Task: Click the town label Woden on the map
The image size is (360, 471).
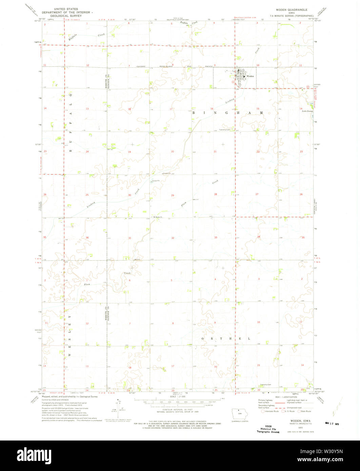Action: (x=250, y=76)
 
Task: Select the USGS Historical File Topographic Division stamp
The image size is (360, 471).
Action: (x=268, y=429)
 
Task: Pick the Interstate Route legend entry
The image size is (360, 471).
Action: (x=271, y=411)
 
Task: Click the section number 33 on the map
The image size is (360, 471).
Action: (x=216, y=238)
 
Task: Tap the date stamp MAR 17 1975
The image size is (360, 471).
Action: (x=332, y=423)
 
